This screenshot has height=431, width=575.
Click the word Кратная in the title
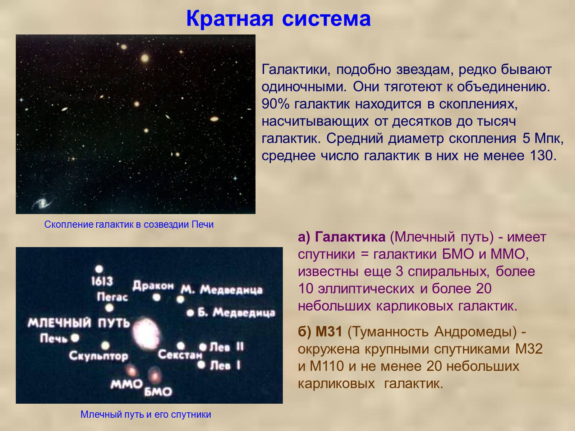point(230,19)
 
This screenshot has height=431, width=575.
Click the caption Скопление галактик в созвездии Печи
point(129,224)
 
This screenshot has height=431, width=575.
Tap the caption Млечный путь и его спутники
point(146,414)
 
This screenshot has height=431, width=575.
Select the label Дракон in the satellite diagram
point(153,286)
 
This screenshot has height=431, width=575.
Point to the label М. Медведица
point(222,290)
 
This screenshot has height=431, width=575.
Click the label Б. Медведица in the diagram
point(236,312)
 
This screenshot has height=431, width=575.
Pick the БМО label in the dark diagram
point(158,392)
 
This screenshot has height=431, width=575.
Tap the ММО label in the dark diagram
point(126,384)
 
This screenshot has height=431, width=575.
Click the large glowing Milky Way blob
point(146,333)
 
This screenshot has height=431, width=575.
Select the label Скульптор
point(98,356)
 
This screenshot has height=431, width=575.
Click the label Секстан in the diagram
point(180,355)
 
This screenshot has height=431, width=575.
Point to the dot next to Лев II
point(203,347)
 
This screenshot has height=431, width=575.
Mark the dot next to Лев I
point(201,364)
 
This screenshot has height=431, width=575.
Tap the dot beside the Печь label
point(75,338)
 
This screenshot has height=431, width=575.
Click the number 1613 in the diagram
point(102,281)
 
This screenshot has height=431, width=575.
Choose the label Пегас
point(112,297)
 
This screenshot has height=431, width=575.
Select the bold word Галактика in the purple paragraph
point(350,237)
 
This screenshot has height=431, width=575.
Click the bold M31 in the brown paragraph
point(329,332)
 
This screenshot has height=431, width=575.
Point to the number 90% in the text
point(275,104)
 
